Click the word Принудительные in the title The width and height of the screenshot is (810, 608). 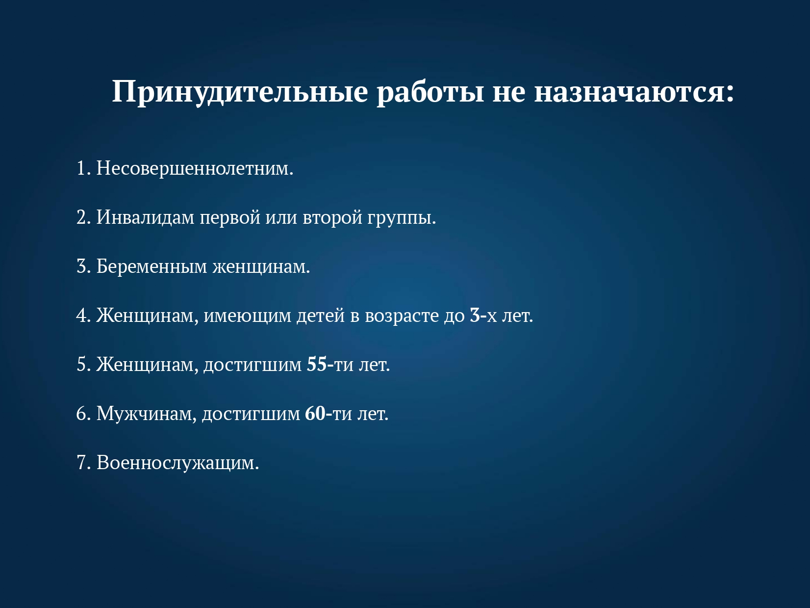click(240, 92)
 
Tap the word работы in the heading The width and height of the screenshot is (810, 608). click(430, 91)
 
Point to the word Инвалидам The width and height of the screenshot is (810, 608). click(146, 217)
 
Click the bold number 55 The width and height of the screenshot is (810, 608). click(317, 365)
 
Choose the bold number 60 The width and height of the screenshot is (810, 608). click(315, 414)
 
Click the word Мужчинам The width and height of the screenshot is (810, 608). click(144, 414)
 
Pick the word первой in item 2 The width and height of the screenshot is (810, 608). click(230, 218)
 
